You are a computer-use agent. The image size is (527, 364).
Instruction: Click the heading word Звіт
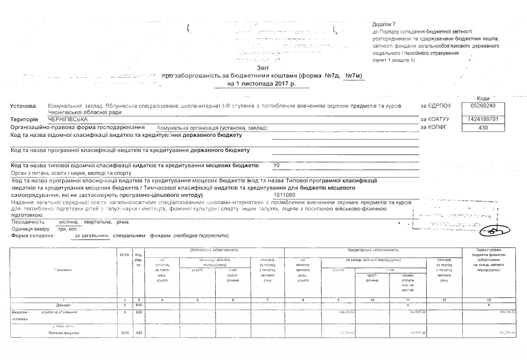point(263,68)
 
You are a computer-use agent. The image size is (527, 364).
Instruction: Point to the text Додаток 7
point(383,24)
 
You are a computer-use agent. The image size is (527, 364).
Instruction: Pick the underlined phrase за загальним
point(91,236)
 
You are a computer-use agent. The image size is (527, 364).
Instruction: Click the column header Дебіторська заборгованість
point(214,250)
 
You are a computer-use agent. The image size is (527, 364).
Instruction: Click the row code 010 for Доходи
point(138,304)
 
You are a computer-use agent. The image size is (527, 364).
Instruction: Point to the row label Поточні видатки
point(63,333)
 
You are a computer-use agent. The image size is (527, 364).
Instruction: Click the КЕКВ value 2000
point(125,333)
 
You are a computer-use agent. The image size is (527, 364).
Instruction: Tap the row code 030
point(138,333)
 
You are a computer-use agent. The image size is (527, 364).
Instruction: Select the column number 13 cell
point(492,299)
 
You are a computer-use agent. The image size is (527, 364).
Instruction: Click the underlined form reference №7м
point(353,76)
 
